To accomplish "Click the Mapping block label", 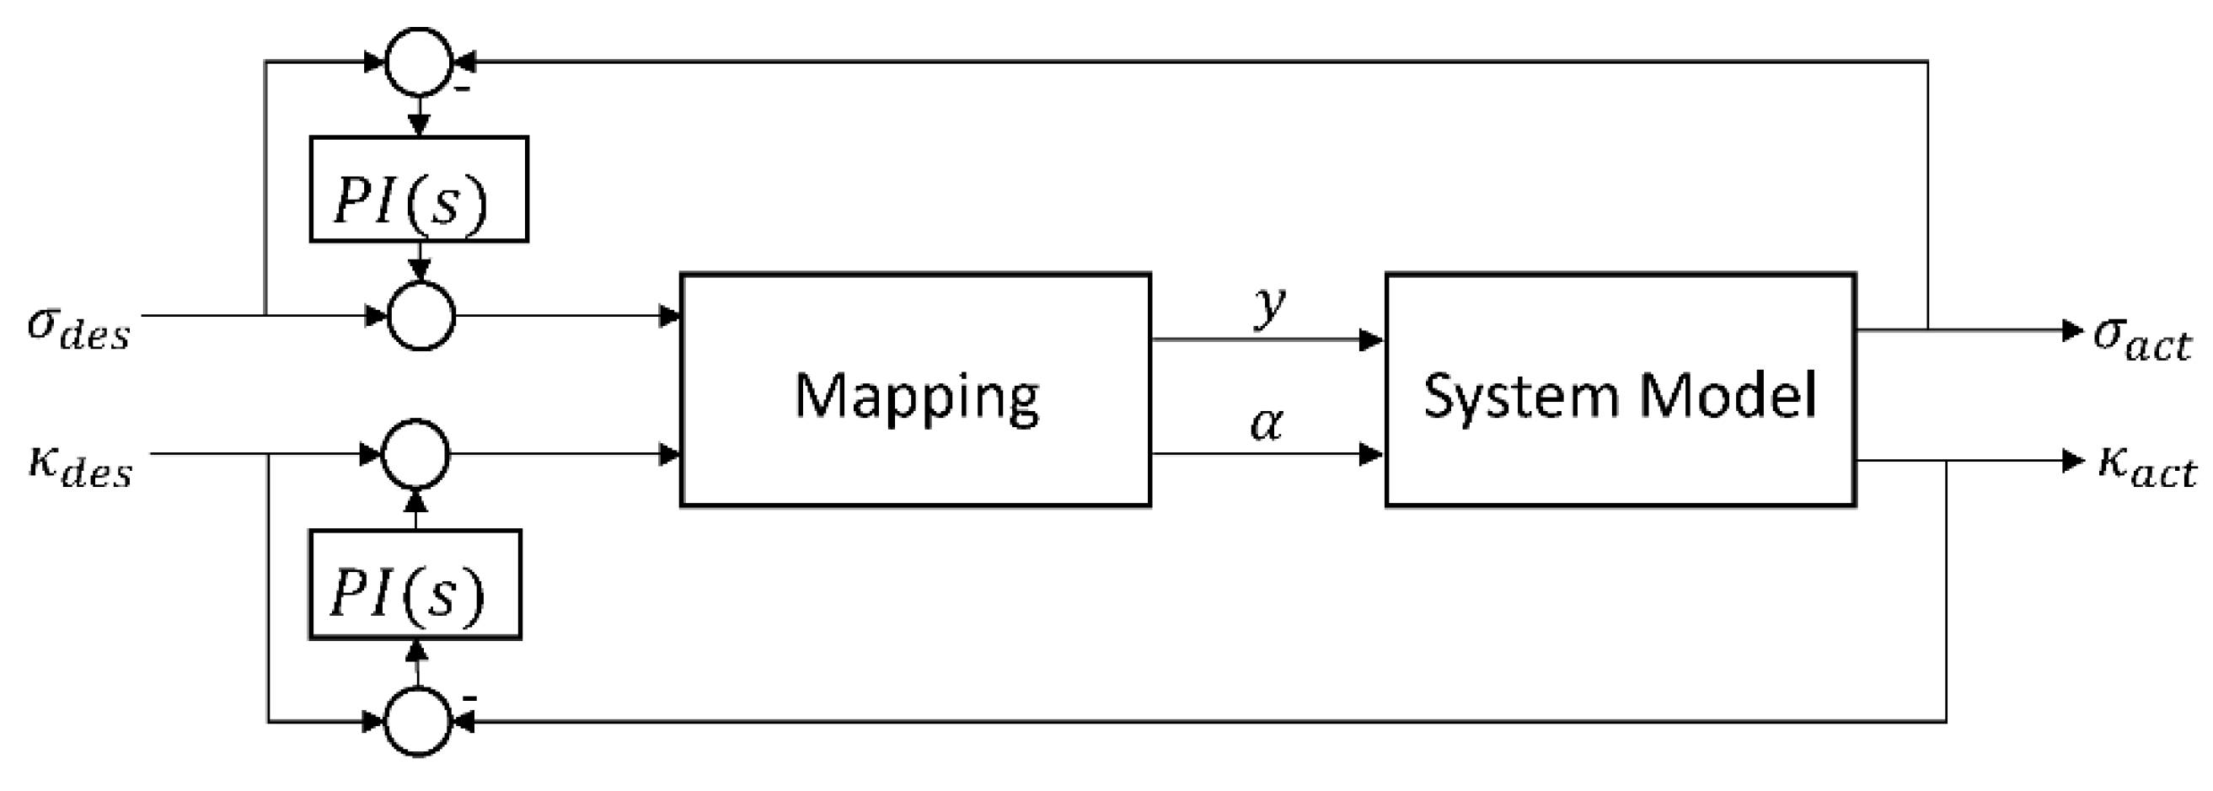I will click(916, 397).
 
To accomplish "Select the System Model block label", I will click(1621, 395).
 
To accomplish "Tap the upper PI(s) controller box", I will click(418, 189).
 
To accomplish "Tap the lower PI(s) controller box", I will click(415, 584).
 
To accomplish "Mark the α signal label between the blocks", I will click(1267, 424).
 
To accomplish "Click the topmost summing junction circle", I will click(418, 61).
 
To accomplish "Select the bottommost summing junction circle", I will click(416, 722).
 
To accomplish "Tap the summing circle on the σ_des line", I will click(421, 315).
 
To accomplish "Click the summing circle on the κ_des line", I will click(415, 453).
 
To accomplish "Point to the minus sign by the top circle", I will click(462, 88).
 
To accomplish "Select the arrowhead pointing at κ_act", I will click(2073, 461).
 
